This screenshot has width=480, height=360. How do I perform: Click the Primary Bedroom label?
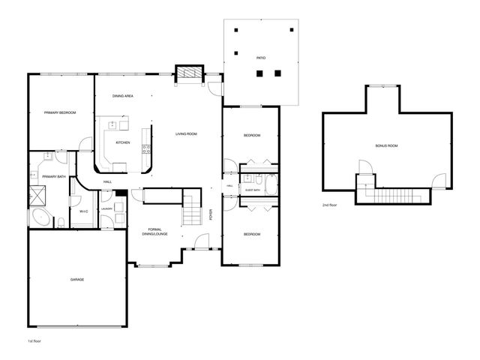pos(60,112)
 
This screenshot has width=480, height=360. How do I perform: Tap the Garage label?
pos(77,279)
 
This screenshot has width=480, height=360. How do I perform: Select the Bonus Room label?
pos(387,145)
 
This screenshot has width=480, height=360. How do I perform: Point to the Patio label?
pos(260,57)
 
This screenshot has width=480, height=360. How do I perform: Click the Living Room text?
pos(186,134)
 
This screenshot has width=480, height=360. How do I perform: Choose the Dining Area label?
pos(123,97)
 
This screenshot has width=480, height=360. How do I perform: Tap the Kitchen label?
pos(122,142)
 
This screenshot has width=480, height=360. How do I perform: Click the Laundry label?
pos(107,208)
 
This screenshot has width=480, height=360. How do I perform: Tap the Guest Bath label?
pos(253,190)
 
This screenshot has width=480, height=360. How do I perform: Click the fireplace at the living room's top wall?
pos(190,73)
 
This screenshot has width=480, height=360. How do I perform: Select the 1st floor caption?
pos(34,341)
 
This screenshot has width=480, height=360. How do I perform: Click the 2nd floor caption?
pos(330,205)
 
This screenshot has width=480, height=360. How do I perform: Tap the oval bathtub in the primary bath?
pos(41,219)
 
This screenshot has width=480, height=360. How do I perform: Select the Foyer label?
pos(211,215)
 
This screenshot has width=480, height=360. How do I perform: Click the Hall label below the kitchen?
pos(107,181)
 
